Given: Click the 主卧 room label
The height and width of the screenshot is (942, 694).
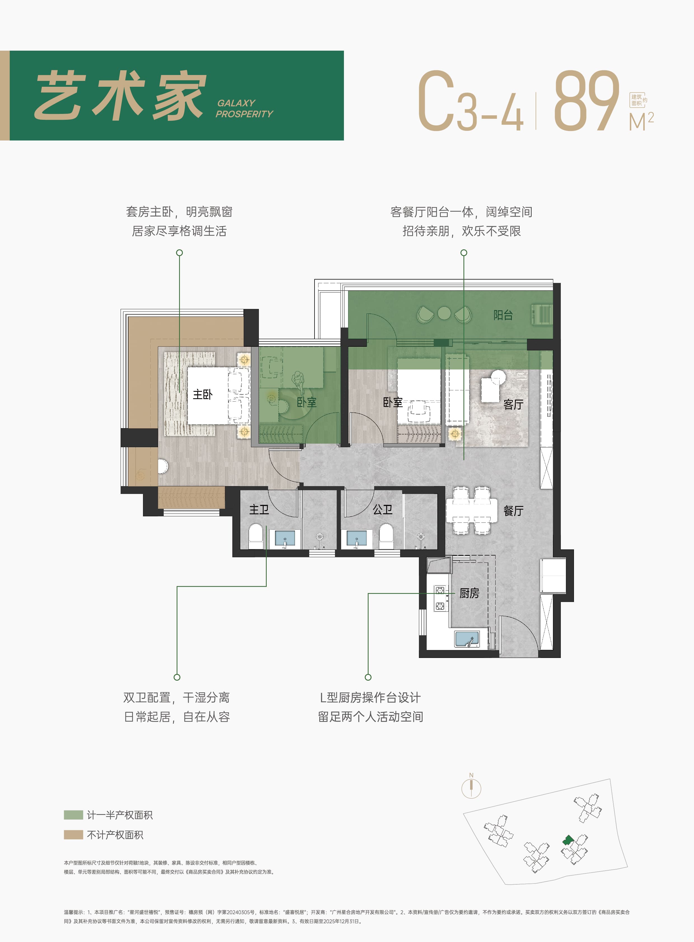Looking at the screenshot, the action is pos(203,394).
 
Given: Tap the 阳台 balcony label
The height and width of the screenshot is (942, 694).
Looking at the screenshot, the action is pos(503,315).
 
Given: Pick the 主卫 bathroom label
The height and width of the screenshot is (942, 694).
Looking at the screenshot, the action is pos(259,510).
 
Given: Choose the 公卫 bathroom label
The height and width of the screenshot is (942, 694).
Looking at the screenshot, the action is pos(383,510).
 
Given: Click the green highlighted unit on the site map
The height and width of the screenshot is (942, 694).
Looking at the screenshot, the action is pos(568,840).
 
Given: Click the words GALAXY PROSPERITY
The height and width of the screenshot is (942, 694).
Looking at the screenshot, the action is pos(244,108).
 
